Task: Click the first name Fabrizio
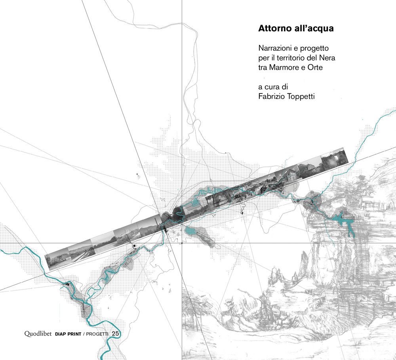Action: pos(272,96)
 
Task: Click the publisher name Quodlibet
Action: pos(38,334)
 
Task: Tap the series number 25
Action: pos(115,334)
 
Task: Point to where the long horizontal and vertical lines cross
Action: pos(182,243)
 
